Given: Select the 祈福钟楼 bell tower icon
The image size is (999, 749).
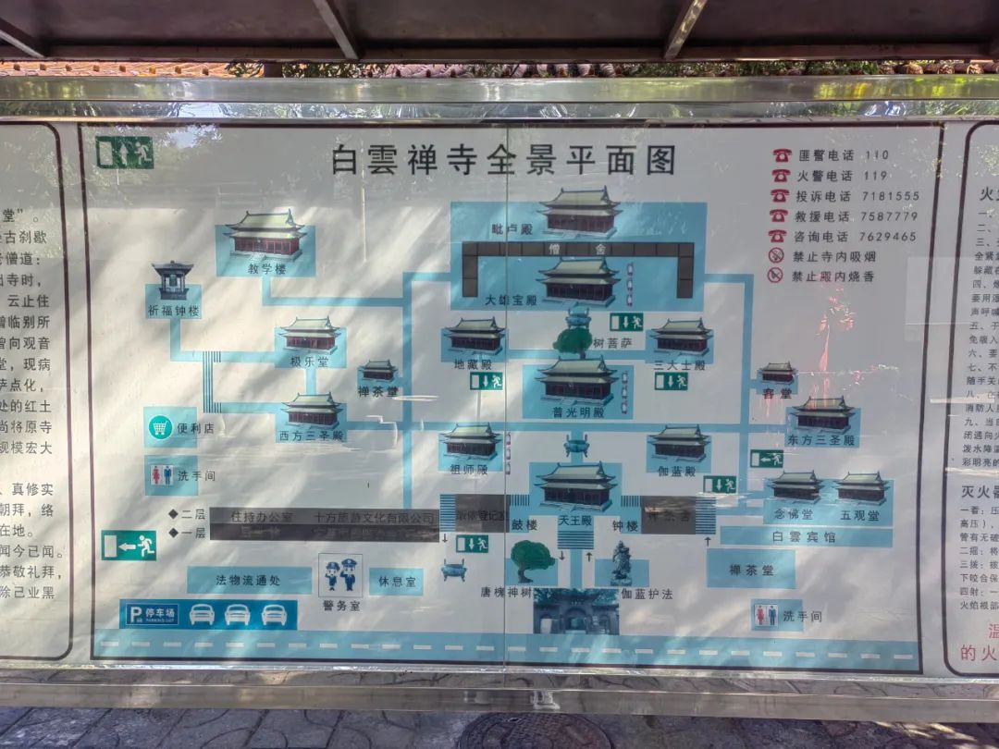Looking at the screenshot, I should tap(173, 280).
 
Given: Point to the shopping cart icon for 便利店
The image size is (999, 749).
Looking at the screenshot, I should tap(161, 427).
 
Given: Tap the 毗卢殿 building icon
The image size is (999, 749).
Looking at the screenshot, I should tap(580, 212).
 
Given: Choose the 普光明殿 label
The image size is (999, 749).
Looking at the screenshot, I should tap(578, 412).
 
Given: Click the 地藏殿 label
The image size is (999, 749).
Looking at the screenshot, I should tap(473, 363).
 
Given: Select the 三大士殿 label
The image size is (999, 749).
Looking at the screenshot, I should tap(681, 364).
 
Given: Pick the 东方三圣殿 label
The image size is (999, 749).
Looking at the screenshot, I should tap(823, 438).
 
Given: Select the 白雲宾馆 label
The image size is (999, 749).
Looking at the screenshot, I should tap(806, 536).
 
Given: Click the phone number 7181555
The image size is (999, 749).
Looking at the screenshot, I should tap(891, 196).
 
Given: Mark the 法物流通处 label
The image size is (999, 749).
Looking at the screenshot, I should tap(249, 581).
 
